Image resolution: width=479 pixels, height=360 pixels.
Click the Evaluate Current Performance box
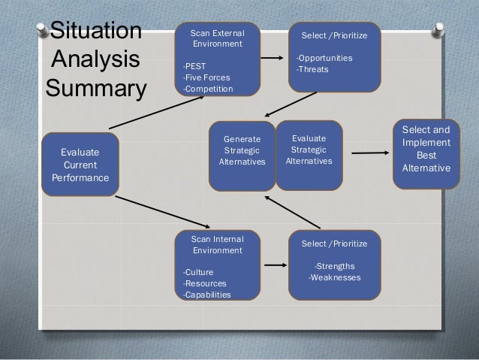(80, 165)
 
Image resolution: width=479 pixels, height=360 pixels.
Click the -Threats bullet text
(312, 71)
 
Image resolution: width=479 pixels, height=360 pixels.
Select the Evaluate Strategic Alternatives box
(309, 150)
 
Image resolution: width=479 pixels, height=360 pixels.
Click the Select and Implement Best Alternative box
(426, 149)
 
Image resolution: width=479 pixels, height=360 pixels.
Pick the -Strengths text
(334, 266)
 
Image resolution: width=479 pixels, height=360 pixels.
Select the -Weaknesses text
(335, 278)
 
